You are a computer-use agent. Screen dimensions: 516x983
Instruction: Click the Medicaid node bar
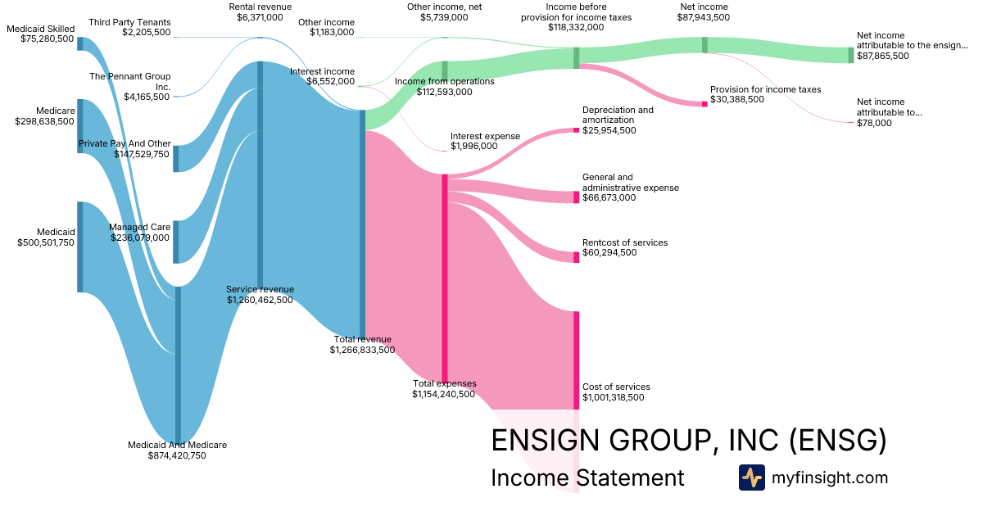[x=80, y=247]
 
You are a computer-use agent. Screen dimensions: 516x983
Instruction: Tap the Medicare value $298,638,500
[x=44, y=121]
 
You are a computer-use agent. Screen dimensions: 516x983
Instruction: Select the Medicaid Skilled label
[x=40, y=29]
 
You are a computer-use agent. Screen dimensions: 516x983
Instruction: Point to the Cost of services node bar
[x=576, y=360]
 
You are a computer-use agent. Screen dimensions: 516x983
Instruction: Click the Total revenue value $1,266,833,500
[x=362, y=350]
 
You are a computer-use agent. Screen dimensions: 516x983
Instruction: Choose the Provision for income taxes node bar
[x=704, y=104]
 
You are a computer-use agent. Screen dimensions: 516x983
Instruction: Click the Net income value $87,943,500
[x=704, y=17]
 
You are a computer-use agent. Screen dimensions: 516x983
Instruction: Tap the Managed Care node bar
[x=176, y=242]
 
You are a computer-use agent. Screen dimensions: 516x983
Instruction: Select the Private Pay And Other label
[x=125, y=143]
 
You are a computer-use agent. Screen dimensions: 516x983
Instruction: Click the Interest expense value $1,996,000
[x=473, y=147]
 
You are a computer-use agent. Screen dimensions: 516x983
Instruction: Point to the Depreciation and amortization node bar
[x=576, y=129]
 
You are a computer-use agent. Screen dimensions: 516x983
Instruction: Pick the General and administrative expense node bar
[x=576, y=197]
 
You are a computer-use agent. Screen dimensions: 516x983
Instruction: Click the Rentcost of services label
[x=624, y=242]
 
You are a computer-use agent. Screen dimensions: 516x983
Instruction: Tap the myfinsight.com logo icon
[x=751, y=478]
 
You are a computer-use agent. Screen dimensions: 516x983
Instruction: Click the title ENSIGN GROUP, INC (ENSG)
[x=688, y=441]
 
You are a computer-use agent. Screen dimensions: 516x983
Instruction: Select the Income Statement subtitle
[x=587, y=478]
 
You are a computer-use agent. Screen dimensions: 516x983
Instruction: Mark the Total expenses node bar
[x=445, y=278]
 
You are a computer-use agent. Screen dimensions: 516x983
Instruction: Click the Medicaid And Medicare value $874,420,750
[x=177, y=455]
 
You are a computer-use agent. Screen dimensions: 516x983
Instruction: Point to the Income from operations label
[x=445, y=82]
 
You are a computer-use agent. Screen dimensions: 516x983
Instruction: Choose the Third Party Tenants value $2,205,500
[x=146, y=32]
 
